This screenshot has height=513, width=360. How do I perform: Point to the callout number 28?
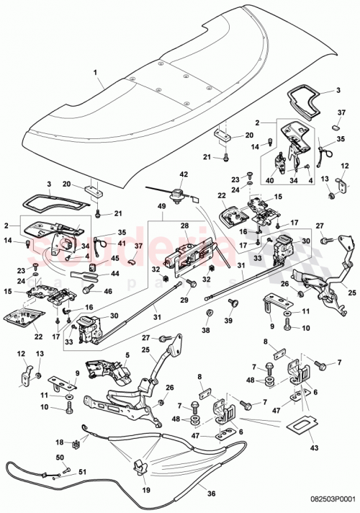pos(184,227)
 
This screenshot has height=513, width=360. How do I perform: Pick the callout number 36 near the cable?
pos(210,493)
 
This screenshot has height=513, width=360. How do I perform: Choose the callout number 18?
pos(60,442)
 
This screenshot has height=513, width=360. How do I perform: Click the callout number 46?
pos(109,291)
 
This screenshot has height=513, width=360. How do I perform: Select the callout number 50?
pos(60,458)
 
